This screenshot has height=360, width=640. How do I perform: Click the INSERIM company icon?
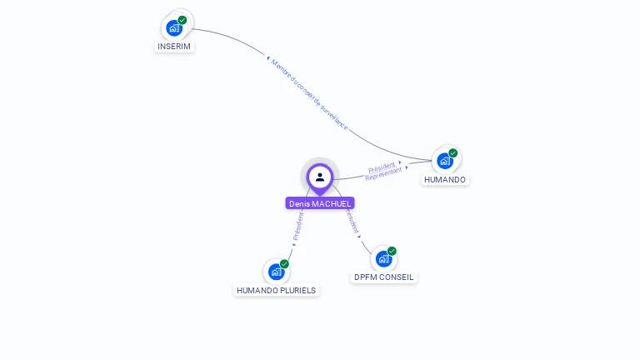click(x=174, y=27)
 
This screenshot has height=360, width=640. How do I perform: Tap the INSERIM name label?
click(x=174, y=47)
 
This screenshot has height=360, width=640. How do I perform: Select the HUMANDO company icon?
click(x=445, y=161)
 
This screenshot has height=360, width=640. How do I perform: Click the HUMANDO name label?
click(x=445, y=180)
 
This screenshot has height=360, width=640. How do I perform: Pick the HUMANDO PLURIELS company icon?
click(x=276, y=272)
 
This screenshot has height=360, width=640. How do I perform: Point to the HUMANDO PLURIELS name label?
click(x=277, y=291)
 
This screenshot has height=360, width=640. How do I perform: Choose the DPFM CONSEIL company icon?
click(x=383, y=258)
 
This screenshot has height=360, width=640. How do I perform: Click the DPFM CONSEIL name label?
click(x=383, y=277)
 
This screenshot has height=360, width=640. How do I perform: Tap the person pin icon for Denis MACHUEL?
click(x=320, y=177)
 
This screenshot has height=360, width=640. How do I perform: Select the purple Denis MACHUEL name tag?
click(x=320, y=203)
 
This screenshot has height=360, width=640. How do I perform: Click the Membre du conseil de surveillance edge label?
click(x=309, y=94)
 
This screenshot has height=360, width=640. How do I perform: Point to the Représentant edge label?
click(x=383, y=174)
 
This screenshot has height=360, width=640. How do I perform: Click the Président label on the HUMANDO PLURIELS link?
click(x=297, y=227)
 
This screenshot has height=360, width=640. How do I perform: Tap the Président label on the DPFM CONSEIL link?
click(x=352, y=221)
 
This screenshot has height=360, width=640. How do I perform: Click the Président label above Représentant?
click(x=382, y=167)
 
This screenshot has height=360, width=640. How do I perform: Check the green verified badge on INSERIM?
click(x=182, y=20)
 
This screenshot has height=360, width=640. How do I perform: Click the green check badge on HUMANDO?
click(x=453, y=153)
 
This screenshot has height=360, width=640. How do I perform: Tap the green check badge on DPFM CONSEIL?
click(x=392, y=251)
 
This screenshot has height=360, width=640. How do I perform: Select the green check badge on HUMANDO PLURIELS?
click(x=284, y=264)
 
